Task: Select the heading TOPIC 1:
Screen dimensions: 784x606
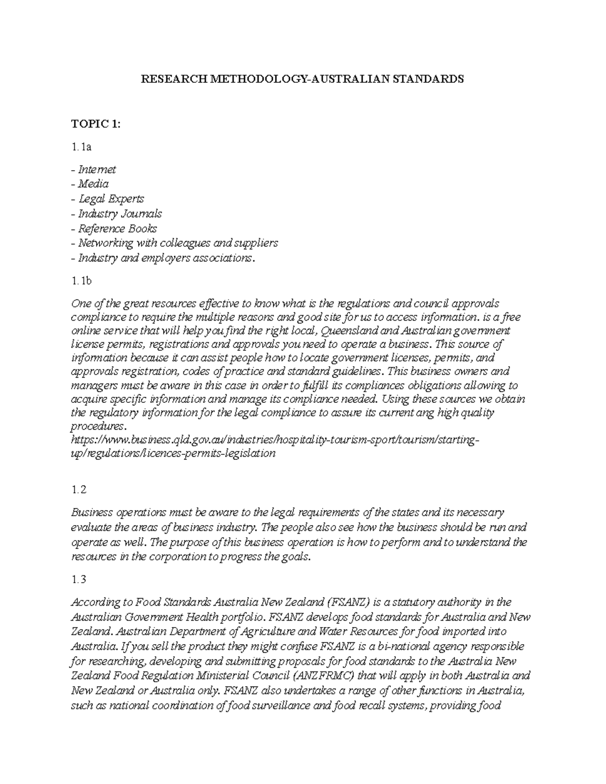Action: point(96,124)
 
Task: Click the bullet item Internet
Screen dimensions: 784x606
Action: point(96,170)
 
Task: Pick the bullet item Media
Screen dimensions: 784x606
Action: point(93,184)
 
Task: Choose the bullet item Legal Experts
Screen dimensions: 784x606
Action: point(111,199)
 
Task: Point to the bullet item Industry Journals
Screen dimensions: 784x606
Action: point(119,214)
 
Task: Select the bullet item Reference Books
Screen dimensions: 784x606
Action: point(117,228)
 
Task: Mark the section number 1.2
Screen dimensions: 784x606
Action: point(79,490)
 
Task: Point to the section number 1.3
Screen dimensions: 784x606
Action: point(79,580)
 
